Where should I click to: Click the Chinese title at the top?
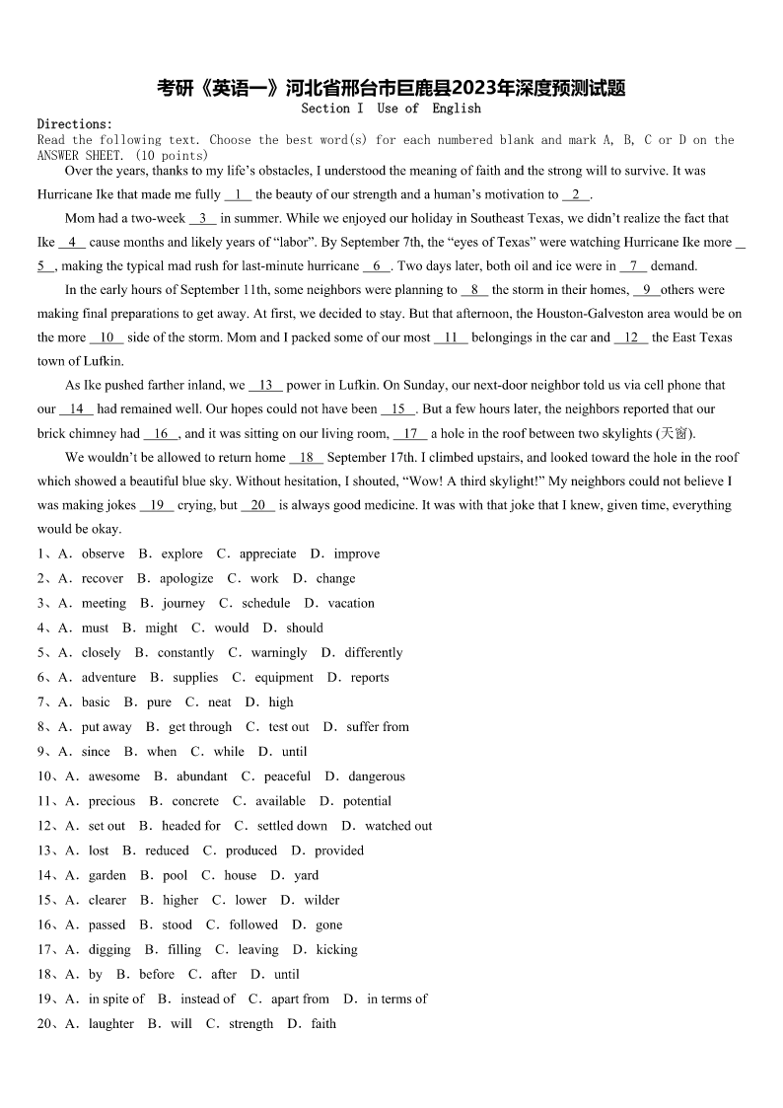point(391,89)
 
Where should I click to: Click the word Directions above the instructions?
point(75,124)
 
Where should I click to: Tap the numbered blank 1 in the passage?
point(238,194)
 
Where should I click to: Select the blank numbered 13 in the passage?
point(265,385)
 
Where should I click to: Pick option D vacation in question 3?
point(350,603)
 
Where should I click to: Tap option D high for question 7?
point(280,702)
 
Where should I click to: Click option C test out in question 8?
point(288,726)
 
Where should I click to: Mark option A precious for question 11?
point(110,801)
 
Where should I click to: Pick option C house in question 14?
point(240,875)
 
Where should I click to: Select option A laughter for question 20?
point(110,1023)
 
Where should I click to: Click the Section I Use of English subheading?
point(391,108)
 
